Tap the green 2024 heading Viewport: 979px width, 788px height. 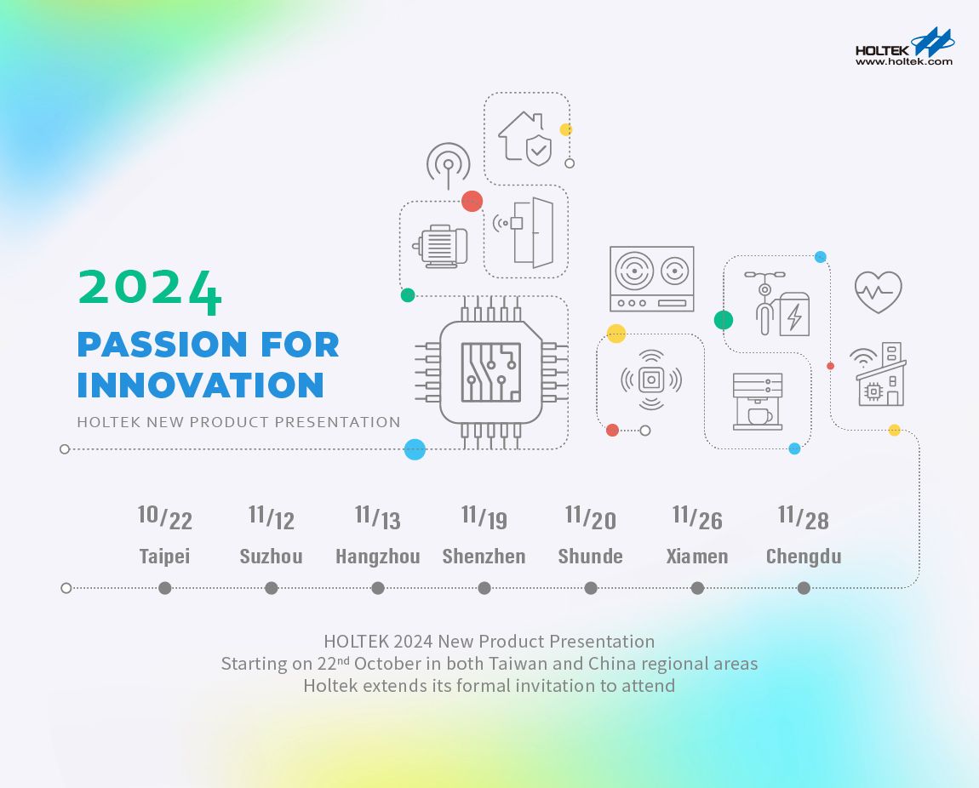(x=150, y=289)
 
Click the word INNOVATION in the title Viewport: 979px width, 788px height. (x=200, y=384)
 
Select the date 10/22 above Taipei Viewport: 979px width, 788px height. (x=165, y=516)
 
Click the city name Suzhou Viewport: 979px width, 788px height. (x=271, y=557)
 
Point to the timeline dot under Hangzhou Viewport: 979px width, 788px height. (x=378, y=588)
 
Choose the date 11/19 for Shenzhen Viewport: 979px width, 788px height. (x=484, y=516)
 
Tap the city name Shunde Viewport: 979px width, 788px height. (x=590, y=557)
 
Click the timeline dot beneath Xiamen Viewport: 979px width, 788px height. (x=697, y=588)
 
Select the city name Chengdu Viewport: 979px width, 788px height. (x=804, y=557)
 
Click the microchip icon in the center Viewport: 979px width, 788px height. (x=491, y=372)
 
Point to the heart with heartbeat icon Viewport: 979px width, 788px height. (x=878, y=292)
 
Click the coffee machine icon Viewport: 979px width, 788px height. (x=758, y=401)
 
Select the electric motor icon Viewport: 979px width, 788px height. (x=439, y=246)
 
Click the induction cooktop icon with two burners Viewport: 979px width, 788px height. (x=651, y=279)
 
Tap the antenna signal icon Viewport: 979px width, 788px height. (x=448, y=164)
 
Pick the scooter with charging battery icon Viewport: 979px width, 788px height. (x=776, y=305)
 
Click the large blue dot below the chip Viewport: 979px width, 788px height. (x=415, y=449)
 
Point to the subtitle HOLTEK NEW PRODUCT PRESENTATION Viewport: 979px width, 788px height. (x=238, y=422)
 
